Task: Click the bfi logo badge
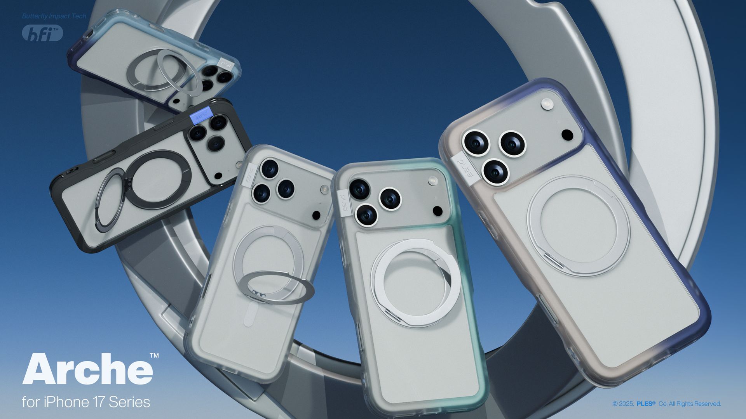coord(42,33)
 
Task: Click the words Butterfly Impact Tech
coord(54,16)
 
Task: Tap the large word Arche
coord(87,369)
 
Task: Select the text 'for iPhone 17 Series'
coord(86,402)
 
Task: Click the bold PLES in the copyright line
coord(646,404)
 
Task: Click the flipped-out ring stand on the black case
coord(110,203)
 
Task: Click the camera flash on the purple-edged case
coord(547,104)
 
